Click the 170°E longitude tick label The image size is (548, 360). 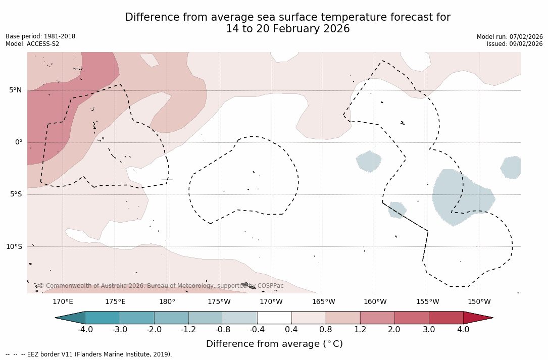coord(63,302)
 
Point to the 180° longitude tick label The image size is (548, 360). coord(167,302)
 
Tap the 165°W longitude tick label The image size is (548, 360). coord(323,302)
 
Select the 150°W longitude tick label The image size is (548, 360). coord(479,302)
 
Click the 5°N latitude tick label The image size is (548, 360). coord(15,90)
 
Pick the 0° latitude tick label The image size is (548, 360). coord(18,142)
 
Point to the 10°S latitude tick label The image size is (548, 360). coord(14,246)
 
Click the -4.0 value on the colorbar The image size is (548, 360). coord(85,330)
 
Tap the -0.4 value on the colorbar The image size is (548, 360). coord(257,330)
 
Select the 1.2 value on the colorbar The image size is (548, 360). coord(360,330)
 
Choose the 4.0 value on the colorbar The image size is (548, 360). coord(463,330)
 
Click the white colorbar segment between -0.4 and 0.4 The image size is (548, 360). coord(274,318)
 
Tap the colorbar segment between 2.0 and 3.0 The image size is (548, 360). coord(412,318)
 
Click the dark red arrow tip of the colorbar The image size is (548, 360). coord(480,318)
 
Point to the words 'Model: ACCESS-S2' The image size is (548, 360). coord(32,44)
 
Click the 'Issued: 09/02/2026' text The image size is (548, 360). coord(515,44)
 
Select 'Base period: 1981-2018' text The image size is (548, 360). coord(40,36)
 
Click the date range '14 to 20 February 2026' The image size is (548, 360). coord(287,29)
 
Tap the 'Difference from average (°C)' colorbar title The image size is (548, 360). coord(274,344)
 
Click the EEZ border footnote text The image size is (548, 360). coord(88,354)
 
